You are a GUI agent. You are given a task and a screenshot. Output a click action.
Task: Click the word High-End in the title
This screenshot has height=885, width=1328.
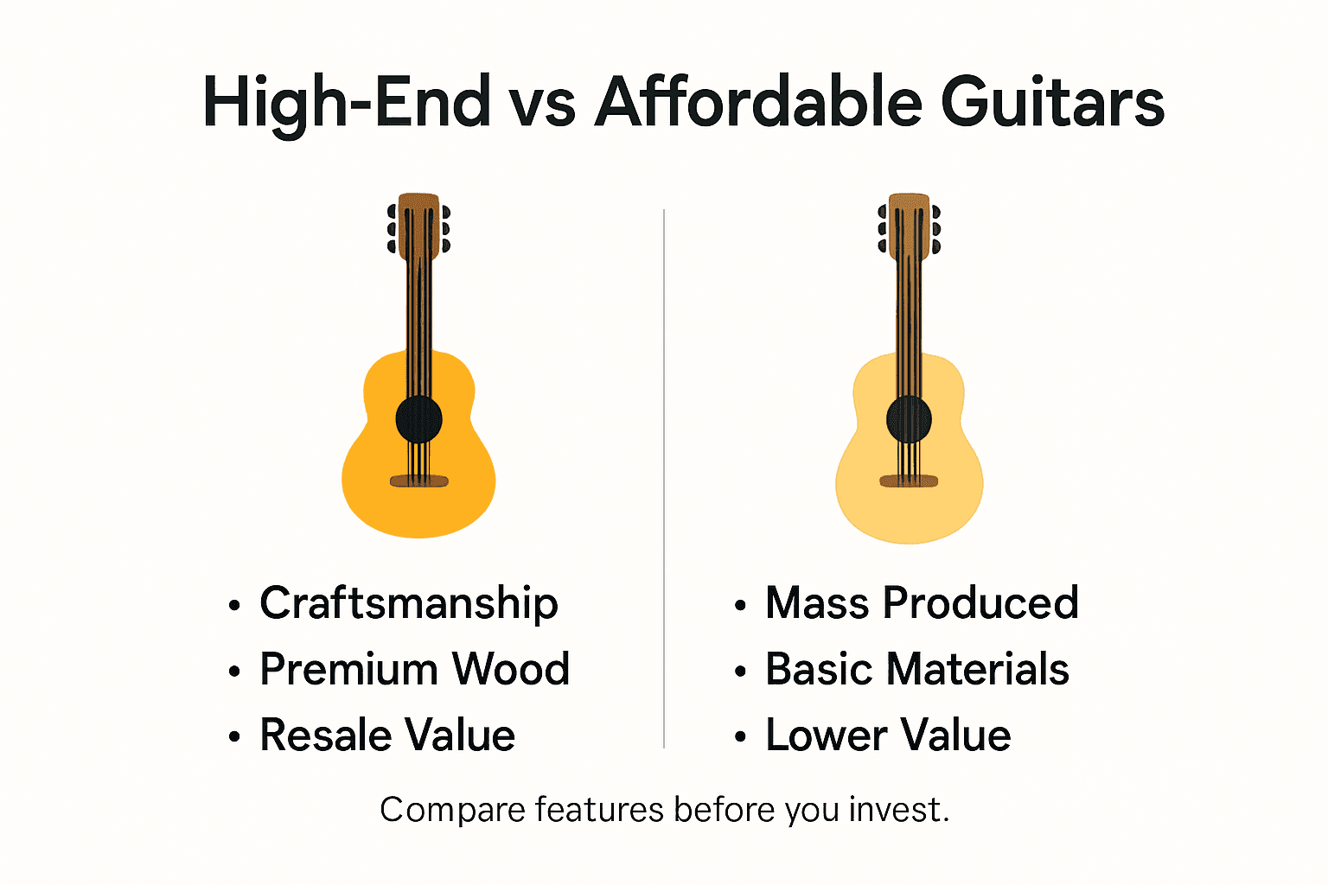click(x=346, y=103)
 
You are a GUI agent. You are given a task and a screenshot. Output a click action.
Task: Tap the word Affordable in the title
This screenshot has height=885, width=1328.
click(x=758, y=103)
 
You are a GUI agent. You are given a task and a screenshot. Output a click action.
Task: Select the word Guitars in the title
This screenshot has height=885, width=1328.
click(x=1052, y=103)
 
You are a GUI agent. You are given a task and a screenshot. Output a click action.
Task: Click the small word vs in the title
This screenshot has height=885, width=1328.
click(x=542, y=105)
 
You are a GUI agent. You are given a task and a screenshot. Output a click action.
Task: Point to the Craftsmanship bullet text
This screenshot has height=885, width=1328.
click(x=408, y=604)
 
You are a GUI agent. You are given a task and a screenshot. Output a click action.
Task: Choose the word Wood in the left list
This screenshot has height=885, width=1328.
click(x=511, y=669)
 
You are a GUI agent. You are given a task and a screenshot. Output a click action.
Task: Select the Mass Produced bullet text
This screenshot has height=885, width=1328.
click(x=922, y=603)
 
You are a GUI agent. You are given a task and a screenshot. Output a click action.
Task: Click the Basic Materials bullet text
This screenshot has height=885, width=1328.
click(x=916, y=669)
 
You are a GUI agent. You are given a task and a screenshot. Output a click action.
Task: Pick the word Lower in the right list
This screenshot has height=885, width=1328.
click(x=826, y=735)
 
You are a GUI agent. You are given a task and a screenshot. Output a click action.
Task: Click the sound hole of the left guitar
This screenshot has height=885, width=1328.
click(x=419, y=420)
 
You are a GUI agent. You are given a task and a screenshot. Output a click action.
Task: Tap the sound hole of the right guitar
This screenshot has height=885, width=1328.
click(x=909, y=421)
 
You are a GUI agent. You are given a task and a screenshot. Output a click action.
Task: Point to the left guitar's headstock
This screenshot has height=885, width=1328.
click(x=419, y=226)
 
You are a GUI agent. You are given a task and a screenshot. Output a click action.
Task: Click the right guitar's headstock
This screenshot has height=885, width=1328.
click(x=909, y=226)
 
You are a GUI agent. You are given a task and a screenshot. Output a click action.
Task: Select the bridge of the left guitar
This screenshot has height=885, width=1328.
click(x=419, y=481)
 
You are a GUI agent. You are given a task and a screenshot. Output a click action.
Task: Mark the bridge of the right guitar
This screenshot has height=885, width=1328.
click(x=909, y=481)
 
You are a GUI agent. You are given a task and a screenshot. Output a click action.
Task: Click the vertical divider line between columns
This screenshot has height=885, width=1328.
click(x=664, y=475)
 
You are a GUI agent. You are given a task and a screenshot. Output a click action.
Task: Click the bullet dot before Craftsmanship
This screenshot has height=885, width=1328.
click(x=233, y=605)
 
